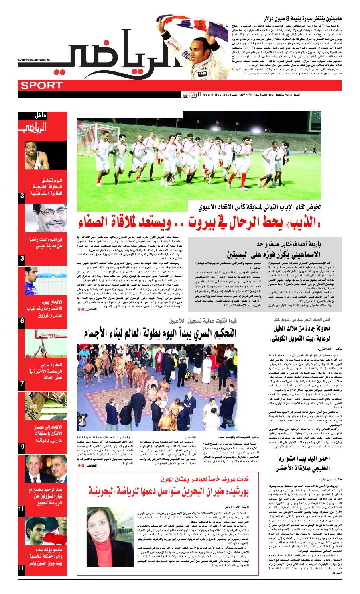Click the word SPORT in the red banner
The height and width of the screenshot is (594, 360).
click(38, 85)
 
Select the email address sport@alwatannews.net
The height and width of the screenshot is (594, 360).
click(33, 59)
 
